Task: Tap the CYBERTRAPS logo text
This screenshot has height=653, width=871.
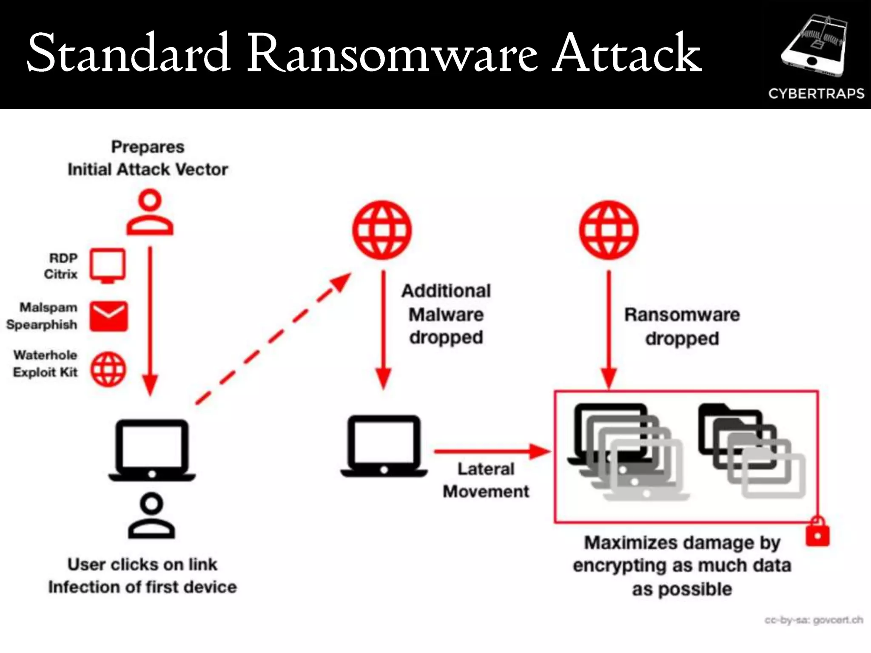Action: click(x=816, y=94)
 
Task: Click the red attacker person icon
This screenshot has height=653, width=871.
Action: click(x=150, y=212)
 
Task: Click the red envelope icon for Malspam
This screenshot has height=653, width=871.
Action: click(x=108, y=316)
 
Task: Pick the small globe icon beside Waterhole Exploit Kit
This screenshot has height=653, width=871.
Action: click(x=108, y=369)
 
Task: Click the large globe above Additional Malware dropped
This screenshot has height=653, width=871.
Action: click(x=382, y=230)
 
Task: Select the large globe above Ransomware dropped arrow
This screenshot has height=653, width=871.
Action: click(x=609, y=230)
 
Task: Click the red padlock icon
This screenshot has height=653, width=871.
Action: click(x=817, y=532)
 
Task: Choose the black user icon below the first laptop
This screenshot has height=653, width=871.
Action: click(x=151, y=516)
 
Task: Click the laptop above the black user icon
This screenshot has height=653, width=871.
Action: click(x=152, y=450)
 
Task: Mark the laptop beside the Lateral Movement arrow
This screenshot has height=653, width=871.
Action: click(x=384, y=446)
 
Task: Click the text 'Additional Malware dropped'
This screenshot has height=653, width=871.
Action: click(x=446, y=314)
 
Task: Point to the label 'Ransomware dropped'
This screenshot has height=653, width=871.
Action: click(x=682, y=326)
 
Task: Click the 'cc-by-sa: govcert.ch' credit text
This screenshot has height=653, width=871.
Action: click(x=814, y=620)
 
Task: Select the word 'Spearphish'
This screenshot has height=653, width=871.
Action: click(x=42, y=325)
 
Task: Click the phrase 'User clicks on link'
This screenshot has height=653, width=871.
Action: click(x=142, y=565)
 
